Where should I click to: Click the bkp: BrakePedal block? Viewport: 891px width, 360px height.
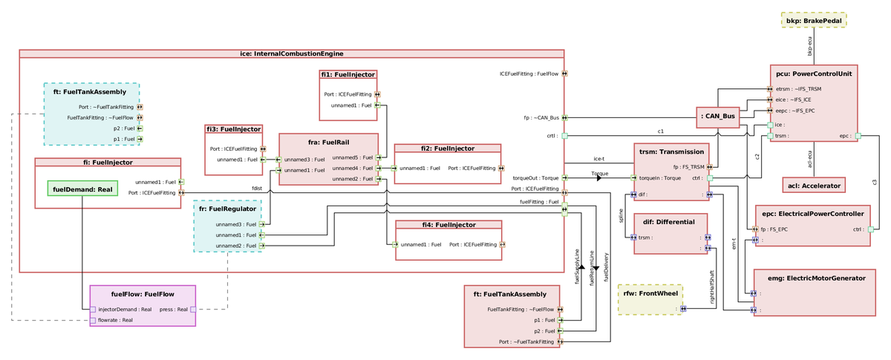tap(814, 21)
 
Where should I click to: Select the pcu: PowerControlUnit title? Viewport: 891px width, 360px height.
tap(814, 73)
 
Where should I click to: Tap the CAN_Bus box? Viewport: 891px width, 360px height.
tap(718, 116)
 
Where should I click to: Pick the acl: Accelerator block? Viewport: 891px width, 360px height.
tap(813, 185)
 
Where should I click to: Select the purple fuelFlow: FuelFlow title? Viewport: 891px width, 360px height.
tap(143, 294)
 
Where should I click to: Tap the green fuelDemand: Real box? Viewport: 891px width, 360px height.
tap(79, 189)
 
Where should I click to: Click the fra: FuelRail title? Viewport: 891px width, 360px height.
tap(328, 141)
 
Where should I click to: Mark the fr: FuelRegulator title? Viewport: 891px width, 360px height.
tap(227, 209)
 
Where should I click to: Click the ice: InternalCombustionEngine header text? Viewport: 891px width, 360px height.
tap(291, 53)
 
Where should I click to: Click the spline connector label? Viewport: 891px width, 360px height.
tap(621, 216)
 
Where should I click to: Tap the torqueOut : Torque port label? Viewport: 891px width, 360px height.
tap(536, 178)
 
